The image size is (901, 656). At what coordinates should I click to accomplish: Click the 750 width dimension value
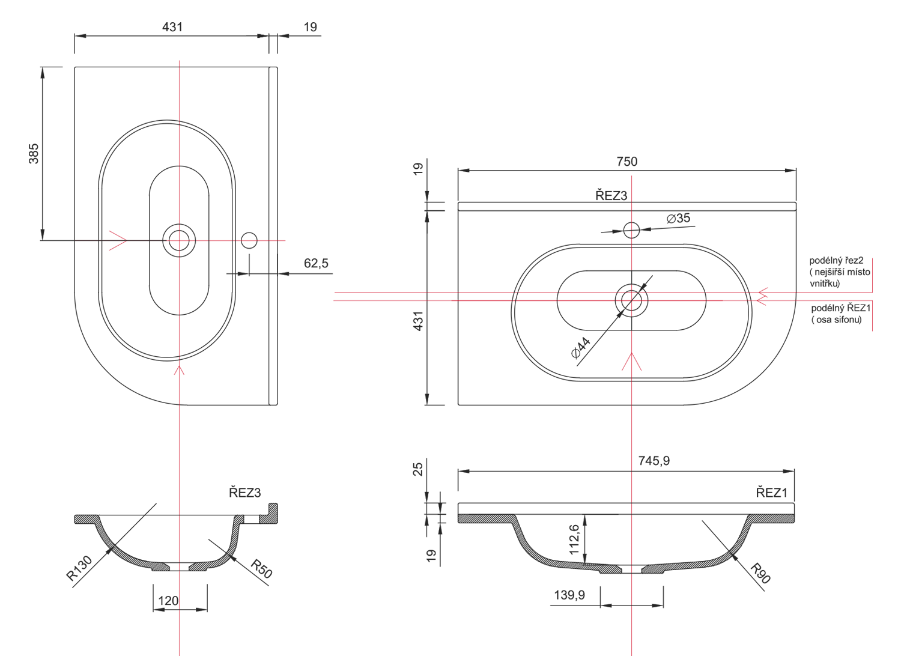tap(626, 162)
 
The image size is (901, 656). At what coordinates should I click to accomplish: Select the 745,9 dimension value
tap(654, 461)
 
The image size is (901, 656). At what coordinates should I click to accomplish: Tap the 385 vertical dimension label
tap(34, 154)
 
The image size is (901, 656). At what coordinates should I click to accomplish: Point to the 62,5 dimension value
tap(316, 264)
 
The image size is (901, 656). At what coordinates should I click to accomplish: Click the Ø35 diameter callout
tap(678, 219)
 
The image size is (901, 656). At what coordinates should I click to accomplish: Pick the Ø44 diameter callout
tap(581, 347)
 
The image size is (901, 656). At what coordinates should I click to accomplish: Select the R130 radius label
tap(79, 568)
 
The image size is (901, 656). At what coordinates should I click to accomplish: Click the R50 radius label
tap(261, 569)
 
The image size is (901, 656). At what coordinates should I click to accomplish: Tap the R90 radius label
tap(760, 573)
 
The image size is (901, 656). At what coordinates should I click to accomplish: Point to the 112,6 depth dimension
tap(574, 540)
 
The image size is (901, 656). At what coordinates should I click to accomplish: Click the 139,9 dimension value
tap(569, 595)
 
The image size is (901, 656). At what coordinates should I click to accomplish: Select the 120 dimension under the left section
tap(168, 601)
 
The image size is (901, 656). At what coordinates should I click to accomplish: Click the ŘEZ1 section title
tap(771, 493)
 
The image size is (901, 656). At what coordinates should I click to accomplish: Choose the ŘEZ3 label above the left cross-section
tap(245, 493)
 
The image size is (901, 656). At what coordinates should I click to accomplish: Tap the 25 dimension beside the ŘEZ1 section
tap(418, 469)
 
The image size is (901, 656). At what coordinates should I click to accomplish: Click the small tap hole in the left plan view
tap(249, 240)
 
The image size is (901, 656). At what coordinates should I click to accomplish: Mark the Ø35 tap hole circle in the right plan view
tap(631, 230)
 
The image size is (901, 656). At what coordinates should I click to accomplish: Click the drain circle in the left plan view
tap(179, 240)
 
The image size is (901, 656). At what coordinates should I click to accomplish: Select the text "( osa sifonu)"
tap(836, 320)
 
